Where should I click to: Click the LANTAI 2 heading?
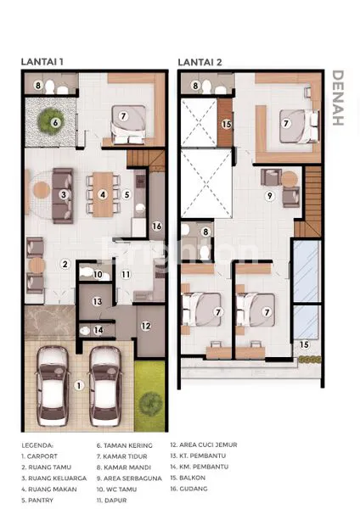[200, 61]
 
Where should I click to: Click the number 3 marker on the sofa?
[63, 194]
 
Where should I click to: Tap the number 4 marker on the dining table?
[102, 194]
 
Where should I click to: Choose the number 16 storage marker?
[157, 226]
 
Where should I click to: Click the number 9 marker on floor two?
[269, 196]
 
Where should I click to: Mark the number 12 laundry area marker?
[146, 325]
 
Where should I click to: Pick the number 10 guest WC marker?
[98, 274]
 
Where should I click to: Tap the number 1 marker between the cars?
[80, 385]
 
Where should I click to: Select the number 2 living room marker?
[63, 264]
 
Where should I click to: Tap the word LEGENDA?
[37, 444]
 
